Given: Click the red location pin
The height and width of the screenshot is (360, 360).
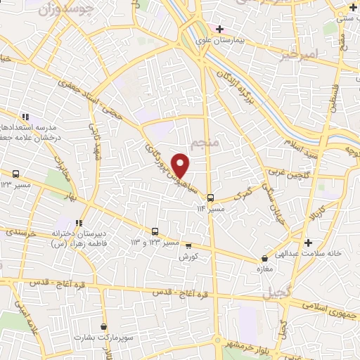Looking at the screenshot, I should click(x=181, y=166).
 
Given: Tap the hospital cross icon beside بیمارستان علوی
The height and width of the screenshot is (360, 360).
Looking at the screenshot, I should click(x=219, y=29).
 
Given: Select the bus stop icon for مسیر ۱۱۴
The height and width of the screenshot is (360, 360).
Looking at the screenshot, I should click(x=220, y=198).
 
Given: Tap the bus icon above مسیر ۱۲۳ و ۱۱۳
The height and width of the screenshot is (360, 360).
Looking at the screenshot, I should click(x=155, y=231).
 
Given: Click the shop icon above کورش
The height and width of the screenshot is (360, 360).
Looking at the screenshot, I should click(x=188, y=245).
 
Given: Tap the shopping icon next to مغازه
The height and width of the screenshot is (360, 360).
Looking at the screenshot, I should click(x=264, y=258).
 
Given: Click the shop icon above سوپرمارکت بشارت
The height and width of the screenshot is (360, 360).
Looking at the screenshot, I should click(x=104, y=326).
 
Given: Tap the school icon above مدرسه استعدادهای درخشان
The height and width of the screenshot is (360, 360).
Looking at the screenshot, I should click(x=25, y=117).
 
